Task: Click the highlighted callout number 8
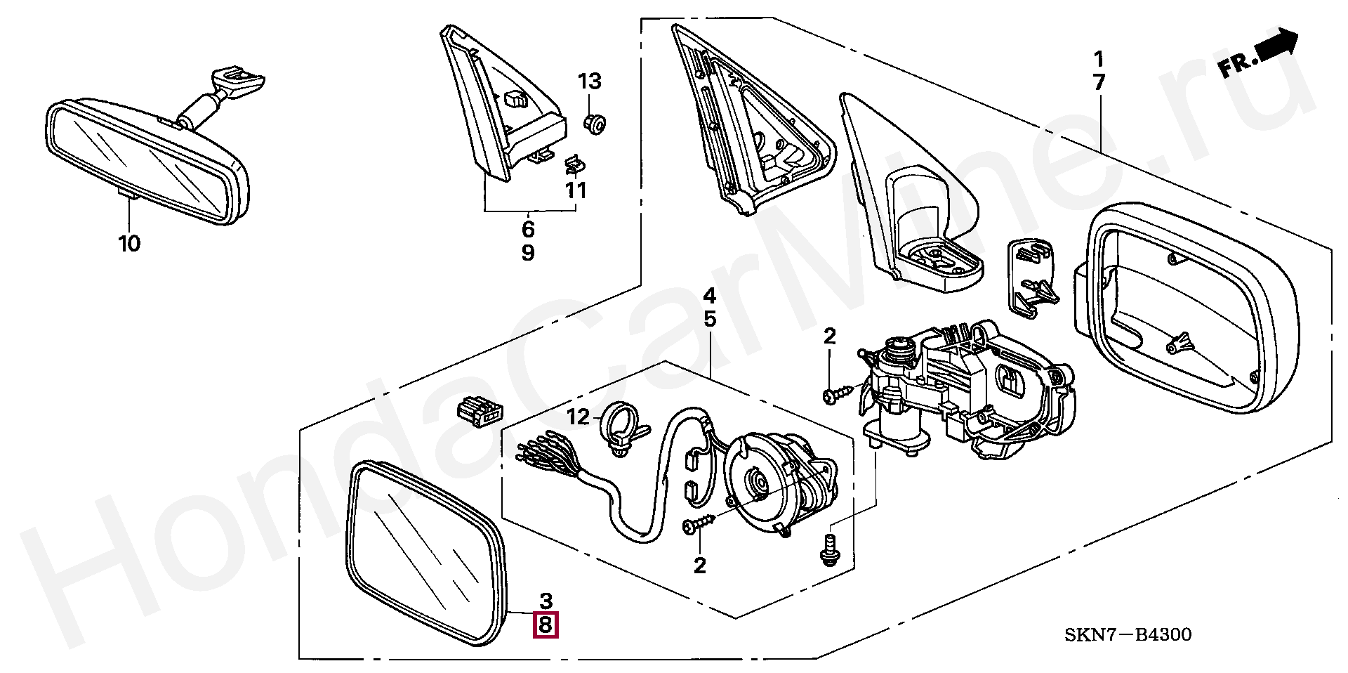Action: click(x=546, y=625)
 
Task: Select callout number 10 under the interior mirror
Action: click(x=129, y=244)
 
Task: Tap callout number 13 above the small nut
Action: click(x=590, y=81)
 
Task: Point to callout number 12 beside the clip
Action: click(x=579, y=417)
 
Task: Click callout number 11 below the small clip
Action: click(x=576, y=190)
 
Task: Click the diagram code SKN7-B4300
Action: click(x=1128, y=635)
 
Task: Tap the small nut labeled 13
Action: click(x=593, y=125)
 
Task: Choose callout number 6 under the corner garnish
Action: click(x=528, y=229)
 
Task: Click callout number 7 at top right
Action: click(x=1099, y=82)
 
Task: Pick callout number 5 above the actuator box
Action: click(x=710, y=319)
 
